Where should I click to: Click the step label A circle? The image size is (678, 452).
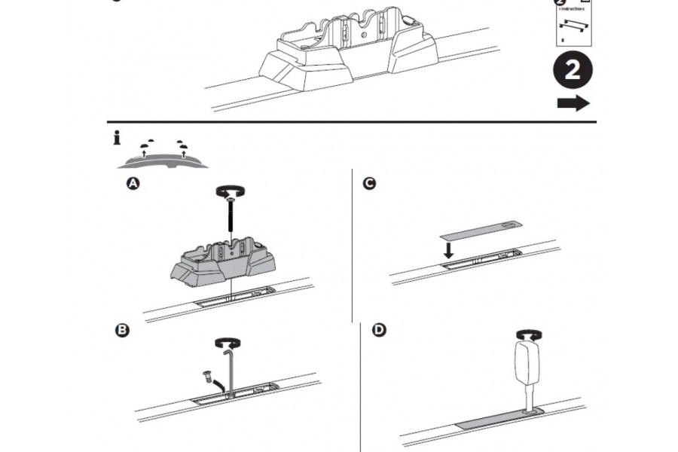click(133, 184)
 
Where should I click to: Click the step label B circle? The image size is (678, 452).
click(122, 331)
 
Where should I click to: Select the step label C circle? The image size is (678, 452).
click(369, 184)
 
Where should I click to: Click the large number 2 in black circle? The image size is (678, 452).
click(573, 72)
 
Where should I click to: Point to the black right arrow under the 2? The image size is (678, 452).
click(573, 104)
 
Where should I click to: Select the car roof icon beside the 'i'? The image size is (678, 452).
click(160, 157)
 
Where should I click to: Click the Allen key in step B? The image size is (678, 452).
click(229, 369)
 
